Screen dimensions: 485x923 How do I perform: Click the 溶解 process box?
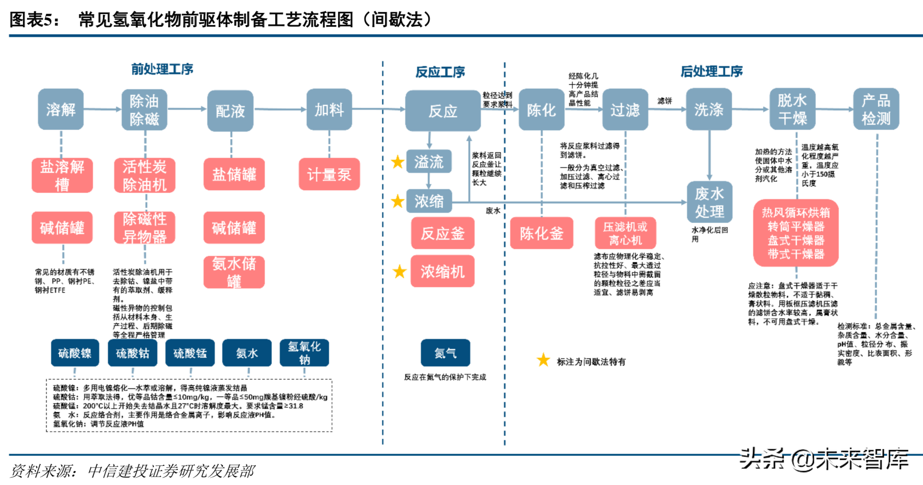click(x=61, y=109)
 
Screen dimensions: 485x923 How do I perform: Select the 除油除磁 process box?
click(x=144, y=110)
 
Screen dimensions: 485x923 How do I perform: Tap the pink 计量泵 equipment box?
click(x=329, y=174)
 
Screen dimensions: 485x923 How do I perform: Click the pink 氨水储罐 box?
click(x=234, y=272)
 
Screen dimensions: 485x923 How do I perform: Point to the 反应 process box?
click(x=442, y=111)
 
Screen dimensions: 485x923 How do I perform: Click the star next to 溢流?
click(x=397, y=162)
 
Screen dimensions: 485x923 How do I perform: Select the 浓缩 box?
click(x=429, y=201)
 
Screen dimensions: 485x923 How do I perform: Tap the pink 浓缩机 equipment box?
click(x=442, y=271)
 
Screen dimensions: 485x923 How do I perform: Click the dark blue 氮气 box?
click(x=445, y=353)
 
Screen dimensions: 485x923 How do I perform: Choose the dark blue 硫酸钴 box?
click(x=133, y=353)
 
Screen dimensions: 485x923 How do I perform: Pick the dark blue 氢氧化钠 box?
click(x=304, y=353)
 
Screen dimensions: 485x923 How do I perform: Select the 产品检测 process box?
click(x=876, y=109)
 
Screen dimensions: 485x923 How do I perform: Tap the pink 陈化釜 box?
click(x=541, y=233)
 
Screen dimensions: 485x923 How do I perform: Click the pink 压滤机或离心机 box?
click(x=625, y=233)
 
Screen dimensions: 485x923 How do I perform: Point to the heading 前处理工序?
click(x=162, y=69)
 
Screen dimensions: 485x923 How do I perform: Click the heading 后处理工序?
click(x=711, y=71)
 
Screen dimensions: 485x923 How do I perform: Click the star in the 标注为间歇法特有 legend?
click(x=543, y=360)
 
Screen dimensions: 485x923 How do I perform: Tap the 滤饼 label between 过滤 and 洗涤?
click(x=665, y=101)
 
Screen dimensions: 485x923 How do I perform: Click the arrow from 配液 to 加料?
click(x=280, y=109)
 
